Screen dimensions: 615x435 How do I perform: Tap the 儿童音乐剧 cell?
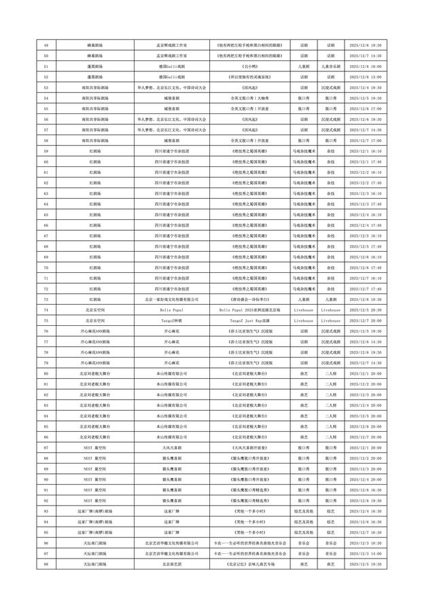(330, 67)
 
